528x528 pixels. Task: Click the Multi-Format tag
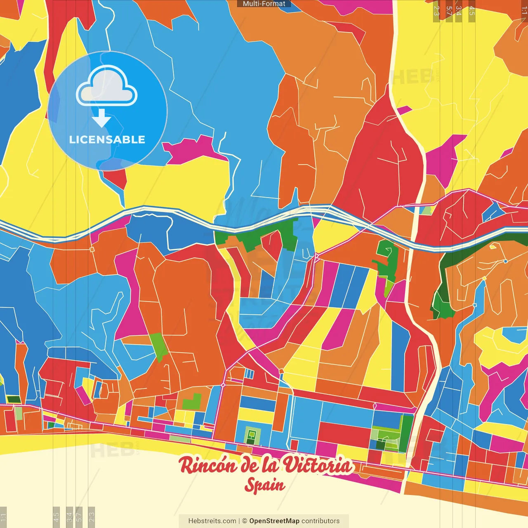click(x=264, y=4)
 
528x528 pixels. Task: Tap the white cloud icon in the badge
click(x=107, y=87)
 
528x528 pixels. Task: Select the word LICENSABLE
click(x=107, y=139)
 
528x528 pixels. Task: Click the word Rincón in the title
click(x=208, y=466)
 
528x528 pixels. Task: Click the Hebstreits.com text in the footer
click(x=212, y=521)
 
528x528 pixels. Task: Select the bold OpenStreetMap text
click(x=274, y=521)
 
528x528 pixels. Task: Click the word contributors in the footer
click(x=321, y=521)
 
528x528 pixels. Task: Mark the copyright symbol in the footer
click(x=245, y=521)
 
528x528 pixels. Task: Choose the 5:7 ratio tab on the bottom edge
click(x=80, y=517)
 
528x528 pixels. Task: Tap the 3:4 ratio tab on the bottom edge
click(x=69, y=517)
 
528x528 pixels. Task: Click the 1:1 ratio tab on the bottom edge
click(x=3, y=517)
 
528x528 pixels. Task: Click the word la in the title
click(x=271, y=466)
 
